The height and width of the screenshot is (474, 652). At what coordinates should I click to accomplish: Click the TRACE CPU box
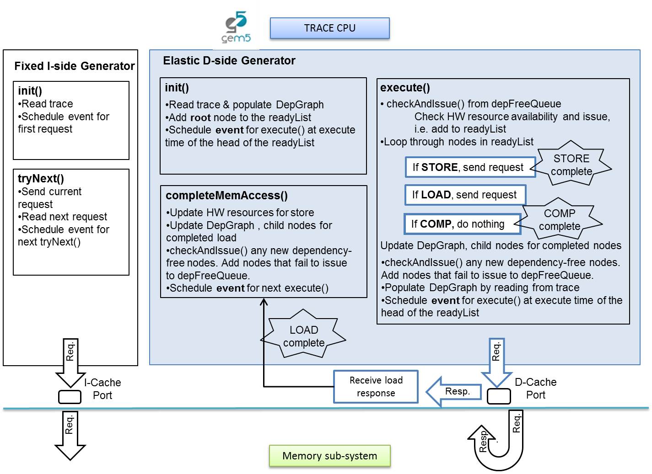point(329,28)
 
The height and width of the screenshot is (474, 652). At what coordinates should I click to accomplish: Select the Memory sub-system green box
point(329,456)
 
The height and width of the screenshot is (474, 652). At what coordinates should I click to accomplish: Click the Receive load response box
point(376,387)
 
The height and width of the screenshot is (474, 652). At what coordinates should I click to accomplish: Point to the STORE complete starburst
point(571,165)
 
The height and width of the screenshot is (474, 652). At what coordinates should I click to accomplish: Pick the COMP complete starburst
point(560,219)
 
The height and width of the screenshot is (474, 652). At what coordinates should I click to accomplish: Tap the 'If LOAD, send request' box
point(465,195)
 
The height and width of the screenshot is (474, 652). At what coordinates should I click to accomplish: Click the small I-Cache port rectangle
point(70,397)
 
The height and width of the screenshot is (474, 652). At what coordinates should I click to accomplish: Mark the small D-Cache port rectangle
point(499,396)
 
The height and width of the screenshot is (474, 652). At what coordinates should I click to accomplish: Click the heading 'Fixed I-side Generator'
point(74,66)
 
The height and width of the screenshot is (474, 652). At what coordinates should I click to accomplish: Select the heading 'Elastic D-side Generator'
point(229,61)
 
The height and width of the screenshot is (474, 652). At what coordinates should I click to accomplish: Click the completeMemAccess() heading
point(226,196)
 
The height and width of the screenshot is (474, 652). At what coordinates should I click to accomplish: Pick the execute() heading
point(405,88)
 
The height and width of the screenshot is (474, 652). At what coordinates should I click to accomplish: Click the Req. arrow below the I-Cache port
point(70,434)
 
